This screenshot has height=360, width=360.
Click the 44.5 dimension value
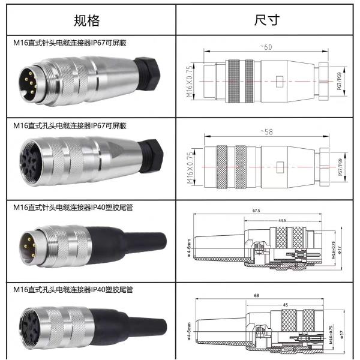281,220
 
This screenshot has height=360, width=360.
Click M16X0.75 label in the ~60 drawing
189,81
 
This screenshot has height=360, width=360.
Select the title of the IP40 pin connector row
73,206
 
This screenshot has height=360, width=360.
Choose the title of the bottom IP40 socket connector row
73,289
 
